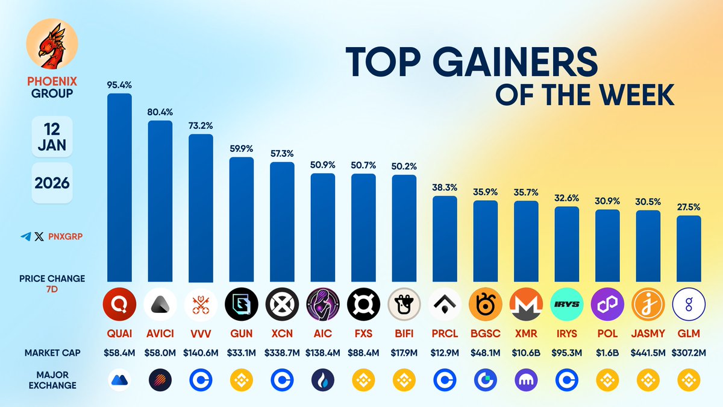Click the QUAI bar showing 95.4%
tap(119, 187)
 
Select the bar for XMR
tap(526, 241)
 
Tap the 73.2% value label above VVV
tap(201, 127)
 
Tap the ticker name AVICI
tap(160, 333)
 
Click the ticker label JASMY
tap(648, 333)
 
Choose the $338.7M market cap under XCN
tap(282, 353)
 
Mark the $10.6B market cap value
tap(526, 353)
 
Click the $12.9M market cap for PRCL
tap(445, 353)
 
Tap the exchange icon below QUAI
tap(119, 380)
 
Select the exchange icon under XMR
tap(526, 380)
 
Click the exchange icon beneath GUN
tap(241, 380)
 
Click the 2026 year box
tap(52, 182)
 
